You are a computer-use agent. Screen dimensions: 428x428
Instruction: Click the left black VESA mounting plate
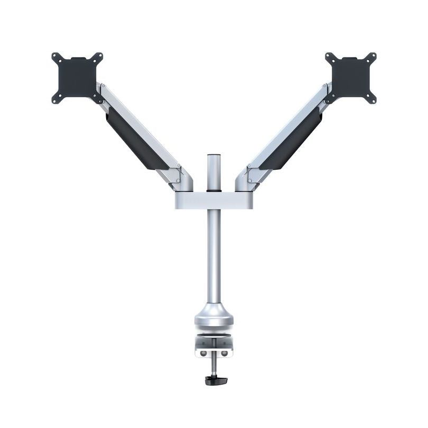(77, 77)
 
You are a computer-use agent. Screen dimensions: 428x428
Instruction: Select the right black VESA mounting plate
(350, 77)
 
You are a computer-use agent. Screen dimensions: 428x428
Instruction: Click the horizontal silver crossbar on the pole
(214, 200)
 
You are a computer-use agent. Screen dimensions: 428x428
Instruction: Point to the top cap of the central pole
(213, 156)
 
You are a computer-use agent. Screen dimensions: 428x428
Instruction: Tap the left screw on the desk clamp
(203, 353)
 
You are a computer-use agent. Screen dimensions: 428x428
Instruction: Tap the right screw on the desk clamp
(224, 353)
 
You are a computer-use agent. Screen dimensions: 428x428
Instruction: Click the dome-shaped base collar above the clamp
(213, 316)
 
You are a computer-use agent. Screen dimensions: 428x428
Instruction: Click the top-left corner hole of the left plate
(55, 55)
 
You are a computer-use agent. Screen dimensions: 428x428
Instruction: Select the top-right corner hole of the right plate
(373, 55)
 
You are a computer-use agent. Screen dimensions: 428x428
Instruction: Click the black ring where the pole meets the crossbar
(213, 189)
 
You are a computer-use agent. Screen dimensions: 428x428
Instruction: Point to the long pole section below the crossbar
(213, 254)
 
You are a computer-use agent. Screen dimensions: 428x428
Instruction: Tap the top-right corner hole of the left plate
(99, 55)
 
